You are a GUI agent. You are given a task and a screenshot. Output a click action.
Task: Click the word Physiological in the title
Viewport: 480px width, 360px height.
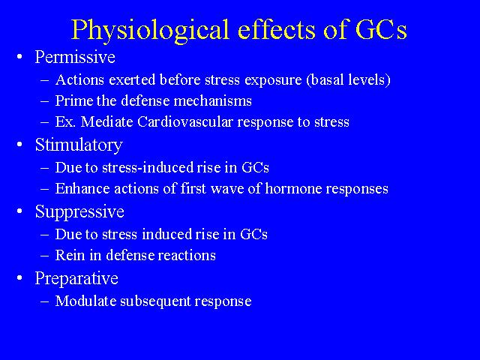pyautogui.click(x=150, y=30)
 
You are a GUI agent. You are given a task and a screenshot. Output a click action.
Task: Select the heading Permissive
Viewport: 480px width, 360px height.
pyautogui.click(x=75, y=57)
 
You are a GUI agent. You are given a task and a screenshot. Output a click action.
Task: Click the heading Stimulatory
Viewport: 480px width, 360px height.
pyautogui.click(x=79, y=145)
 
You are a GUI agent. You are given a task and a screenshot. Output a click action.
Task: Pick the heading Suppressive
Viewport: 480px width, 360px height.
pyautogui.click(x=79, y=211)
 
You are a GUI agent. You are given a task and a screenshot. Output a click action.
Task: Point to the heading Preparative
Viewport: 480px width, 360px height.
pyautogui.click(x=76, y=278)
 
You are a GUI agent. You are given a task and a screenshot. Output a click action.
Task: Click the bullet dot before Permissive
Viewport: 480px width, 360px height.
pyautogui.click(x=20, y=57)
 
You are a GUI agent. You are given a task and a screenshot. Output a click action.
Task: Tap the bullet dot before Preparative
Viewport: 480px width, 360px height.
pyautogui.click(x=20, y=278)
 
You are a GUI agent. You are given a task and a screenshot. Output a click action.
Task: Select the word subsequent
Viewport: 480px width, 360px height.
pyautogui.click(x=155, y=301)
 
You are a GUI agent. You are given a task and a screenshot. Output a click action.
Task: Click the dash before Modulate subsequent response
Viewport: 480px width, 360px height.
pyautogui.click(x=44, y=301)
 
